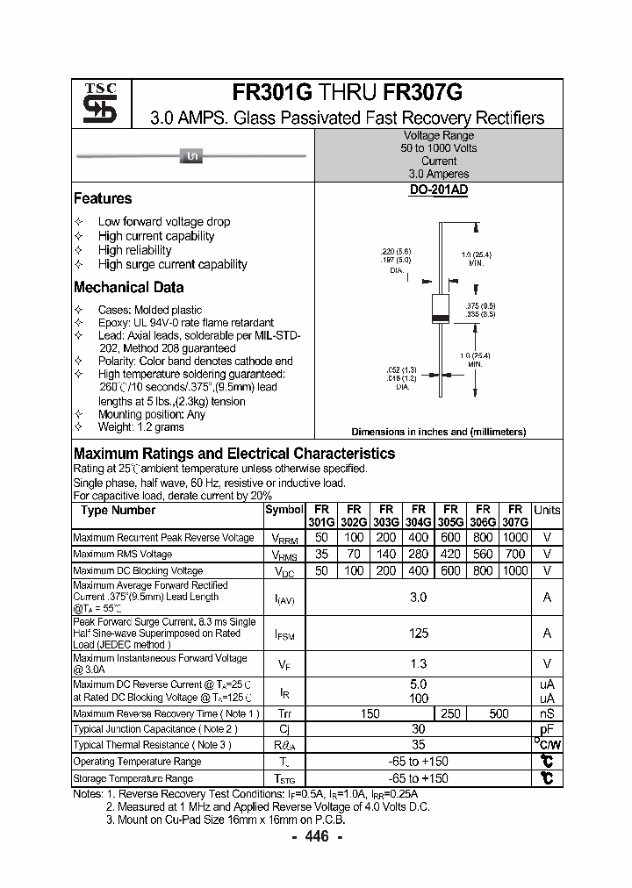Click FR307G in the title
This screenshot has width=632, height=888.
tap(422, 93)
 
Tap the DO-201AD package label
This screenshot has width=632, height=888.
tap(438, 190)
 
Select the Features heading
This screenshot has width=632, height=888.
tap(103, 198)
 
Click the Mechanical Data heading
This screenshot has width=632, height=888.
tap(128, 287)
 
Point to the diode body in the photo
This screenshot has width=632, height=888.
tap(191, 156)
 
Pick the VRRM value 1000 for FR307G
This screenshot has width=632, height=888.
tap(515, 537)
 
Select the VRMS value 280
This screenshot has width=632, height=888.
tap(419, 554)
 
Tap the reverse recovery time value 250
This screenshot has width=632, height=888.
tap(450, 713)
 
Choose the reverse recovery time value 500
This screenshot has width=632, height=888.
tap(499, 713)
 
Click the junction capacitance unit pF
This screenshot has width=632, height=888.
tap(547, 728)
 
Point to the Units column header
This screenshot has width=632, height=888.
tap(547, 510)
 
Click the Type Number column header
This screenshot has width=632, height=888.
tap(118, 510)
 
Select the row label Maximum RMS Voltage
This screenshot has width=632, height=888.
tap(122, 554)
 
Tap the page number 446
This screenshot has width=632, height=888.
tap(316, 837)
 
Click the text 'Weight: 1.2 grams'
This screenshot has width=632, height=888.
tap(140, 427)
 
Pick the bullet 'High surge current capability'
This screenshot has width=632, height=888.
tap(172, 264)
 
